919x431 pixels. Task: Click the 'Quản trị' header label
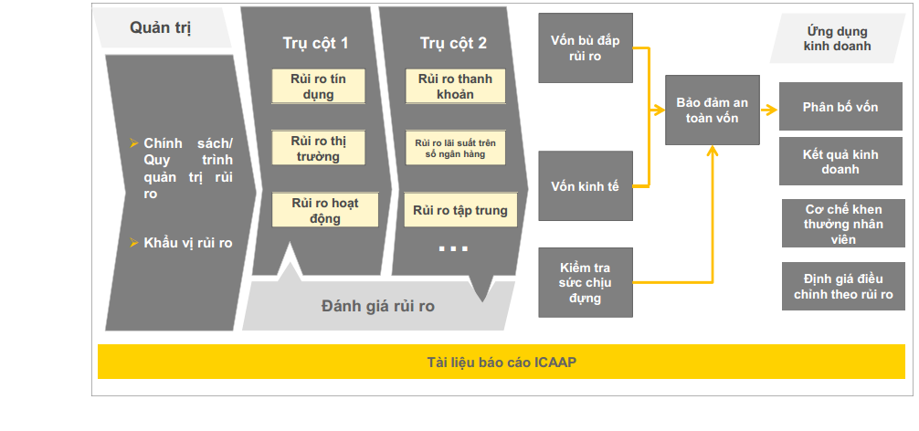click(161, 27)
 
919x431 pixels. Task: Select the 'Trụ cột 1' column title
click(315, 43)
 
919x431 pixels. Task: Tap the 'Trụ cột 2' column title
click(454, 43)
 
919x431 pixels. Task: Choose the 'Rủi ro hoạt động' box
click(324, 210)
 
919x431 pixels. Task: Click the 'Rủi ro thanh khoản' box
click(455, 86)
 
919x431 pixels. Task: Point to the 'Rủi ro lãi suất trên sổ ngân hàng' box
click(455, 148)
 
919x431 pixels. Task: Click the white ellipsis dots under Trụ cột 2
click(453, 248)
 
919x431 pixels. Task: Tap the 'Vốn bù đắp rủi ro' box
click(585, 48)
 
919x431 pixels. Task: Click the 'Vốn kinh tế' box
click(585, 185)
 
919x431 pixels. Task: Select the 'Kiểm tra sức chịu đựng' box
click(585, 282)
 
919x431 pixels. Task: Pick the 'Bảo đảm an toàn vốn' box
click(713, 110)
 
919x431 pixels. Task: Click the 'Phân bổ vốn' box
click(840, 107)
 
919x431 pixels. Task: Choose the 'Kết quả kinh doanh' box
click(840, 162)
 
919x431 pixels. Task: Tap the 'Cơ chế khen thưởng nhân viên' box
click(842, 224)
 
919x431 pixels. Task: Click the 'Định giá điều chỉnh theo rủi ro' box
click(842, 286)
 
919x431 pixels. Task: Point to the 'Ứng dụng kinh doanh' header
click(837, 37)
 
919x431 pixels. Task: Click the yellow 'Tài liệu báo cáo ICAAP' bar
click(501, 362)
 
